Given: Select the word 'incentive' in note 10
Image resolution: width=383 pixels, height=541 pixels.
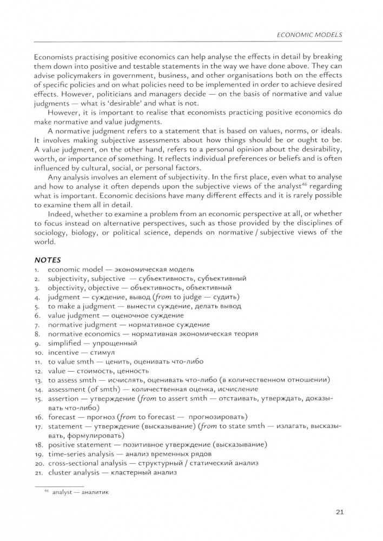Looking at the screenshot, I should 63,352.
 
